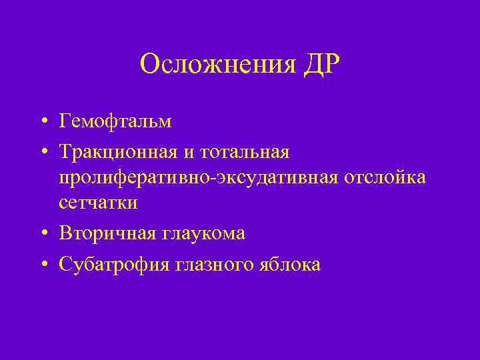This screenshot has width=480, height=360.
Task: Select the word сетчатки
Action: coord(98,202)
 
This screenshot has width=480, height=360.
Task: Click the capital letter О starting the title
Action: coord(150,65)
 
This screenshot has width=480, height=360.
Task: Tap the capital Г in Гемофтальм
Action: coord(65,121)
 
